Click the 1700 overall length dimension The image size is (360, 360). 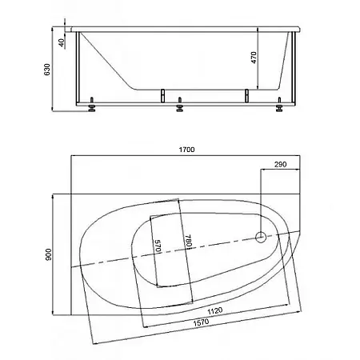point(186,150)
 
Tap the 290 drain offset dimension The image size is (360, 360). point(280,164)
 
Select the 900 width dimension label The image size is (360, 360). point(48,254)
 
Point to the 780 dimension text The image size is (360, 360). point(188,241)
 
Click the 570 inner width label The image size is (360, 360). point(158,246)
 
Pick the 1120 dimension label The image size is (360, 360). point(215,311)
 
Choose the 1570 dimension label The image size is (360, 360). point(201,322)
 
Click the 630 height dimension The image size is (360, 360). point(47,70)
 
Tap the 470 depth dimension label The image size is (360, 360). point(254,58)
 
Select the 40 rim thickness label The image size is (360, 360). point(62,42)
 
